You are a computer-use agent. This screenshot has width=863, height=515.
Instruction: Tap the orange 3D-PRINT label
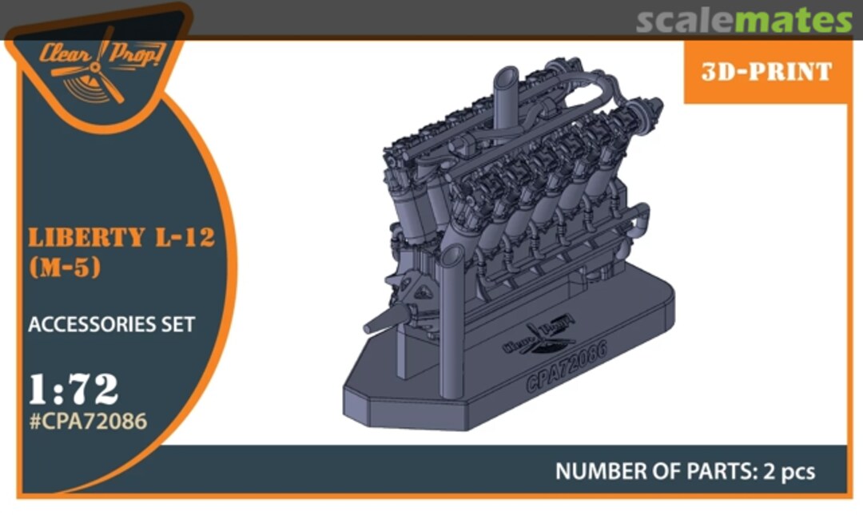pos(766,72)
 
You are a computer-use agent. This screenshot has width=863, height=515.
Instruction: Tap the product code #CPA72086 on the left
pos(88,421)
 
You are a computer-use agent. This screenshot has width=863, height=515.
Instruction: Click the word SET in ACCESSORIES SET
pos(177,325)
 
